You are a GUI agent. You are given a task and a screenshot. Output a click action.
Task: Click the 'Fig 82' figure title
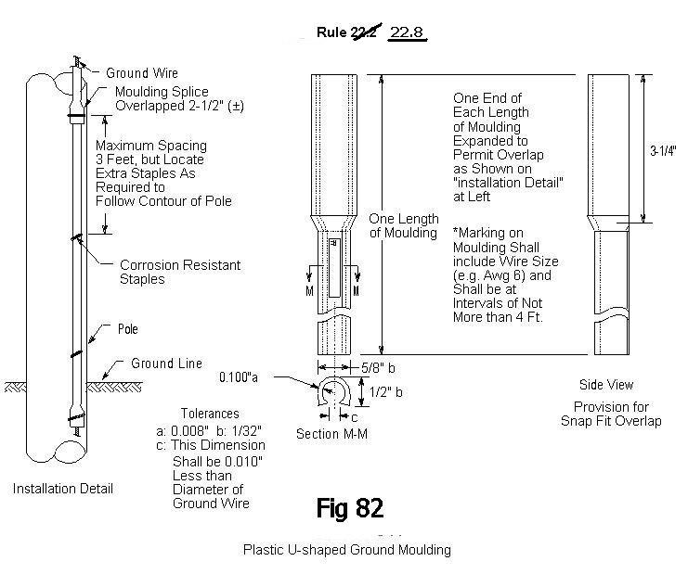[349, 508]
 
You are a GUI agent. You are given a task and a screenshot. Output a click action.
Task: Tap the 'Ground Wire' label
[142, 73]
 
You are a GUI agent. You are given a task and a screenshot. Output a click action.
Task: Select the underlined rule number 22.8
[407, 33]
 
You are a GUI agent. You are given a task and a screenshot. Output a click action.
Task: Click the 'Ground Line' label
[165, 364]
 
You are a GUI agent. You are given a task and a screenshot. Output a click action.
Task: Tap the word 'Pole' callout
[127, 328]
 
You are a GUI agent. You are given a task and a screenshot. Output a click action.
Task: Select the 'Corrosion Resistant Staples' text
[180, 272]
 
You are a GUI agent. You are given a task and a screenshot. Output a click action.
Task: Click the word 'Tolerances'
[211, 414]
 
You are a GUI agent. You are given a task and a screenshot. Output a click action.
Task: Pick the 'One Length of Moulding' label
[404, 225]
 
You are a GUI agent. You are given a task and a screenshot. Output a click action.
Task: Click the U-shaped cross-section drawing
[334, 396]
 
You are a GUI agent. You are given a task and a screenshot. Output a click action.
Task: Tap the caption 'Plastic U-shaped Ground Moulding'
[346, 550]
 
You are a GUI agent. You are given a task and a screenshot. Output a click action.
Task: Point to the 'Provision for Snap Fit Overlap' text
[610, 414]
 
